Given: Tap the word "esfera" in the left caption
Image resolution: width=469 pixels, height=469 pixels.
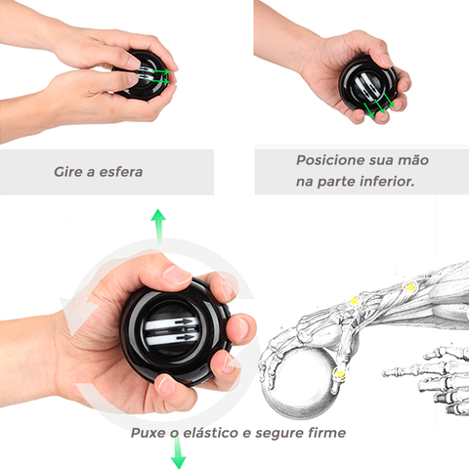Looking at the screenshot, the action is pos(121,172).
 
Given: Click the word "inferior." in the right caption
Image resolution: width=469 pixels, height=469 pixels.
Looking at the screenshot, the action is pos(387,182).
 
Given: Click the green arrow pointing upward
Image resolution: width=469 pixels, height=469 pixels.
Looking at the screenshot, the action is pos(158,226).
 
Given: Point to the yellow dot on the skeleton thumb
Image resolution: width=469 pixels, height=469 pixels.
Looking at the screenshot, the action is pos(340,373).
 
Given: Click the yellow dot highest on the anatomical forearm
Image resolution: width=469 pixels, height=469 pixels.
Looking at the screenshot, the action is pos(410,287).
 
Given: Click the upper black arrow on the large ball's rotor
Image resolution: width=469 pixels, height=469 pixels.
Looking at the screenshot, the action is pos(185,321).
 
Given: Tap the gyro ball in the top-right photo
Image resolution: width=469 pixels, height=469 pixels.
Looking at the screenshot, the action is pos(368,87).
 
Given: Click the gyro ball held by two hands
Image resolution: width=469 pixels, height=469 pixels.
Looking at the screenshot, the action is pos(144,75).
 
